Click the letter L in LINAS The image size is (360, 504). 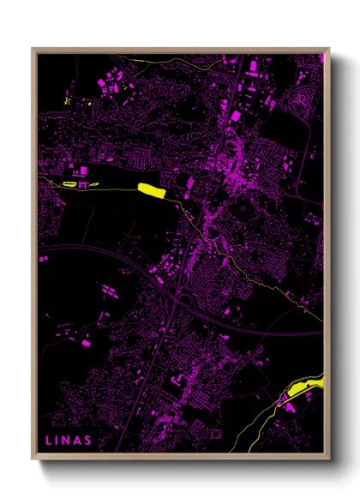[48, 441]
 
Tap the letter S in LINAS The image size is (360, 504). [88, 441]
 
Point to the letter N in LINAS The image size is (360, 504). [66, 441]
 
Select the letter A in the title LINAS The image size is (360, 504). [77, 441]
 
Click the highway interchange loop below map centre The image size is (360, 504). [159, 276]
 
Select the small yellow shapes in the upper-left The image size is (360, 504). [67, 101]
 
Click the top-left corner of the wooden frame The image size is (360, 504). [33, 49]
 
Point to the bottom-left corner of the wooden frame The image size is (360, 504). [33, 459]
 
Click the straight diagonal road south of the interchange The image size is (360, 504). [167, 334]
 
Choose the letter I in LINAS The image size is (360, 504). [57, 441]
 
